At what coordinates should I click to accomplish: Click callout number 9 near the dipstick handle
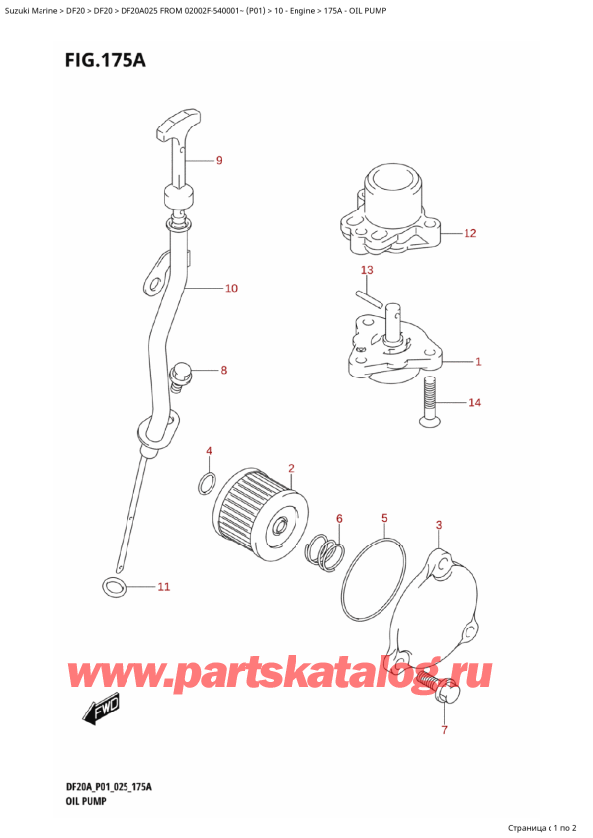pos(219,160)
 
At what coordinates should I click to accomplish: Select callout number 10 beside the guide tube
pos(231,289)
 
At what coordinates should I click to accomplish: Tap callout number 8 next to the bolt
pos(224,371)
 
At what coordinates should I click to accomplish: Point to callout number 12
pos(470,234)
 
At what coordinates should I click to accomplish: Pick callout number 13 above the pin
pos(367,270)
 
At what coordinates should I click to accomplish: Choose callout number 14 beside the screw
pos(475,403)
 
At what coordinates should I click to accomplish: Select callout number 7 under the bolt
pos(444,730)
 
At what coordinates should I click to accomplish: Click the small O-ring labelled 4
pos(207,483)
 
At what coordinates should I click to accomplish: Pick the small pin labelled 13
pos(368,297)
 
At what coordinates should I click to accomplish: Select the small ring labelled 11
pos(114,589)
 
